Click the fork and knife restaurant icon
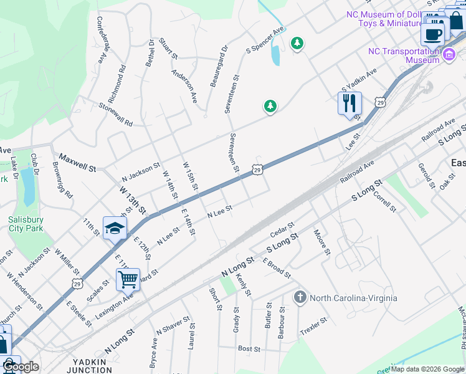[349, 103]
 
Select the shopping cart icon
[128, 279]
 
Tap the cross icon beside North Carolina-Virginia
[300, 297]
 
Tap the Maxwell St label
[78, 163]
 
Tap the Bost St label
[249, 349]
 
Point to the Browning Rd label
[63, 185]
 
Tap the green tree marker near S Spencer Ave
[298, 43]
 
